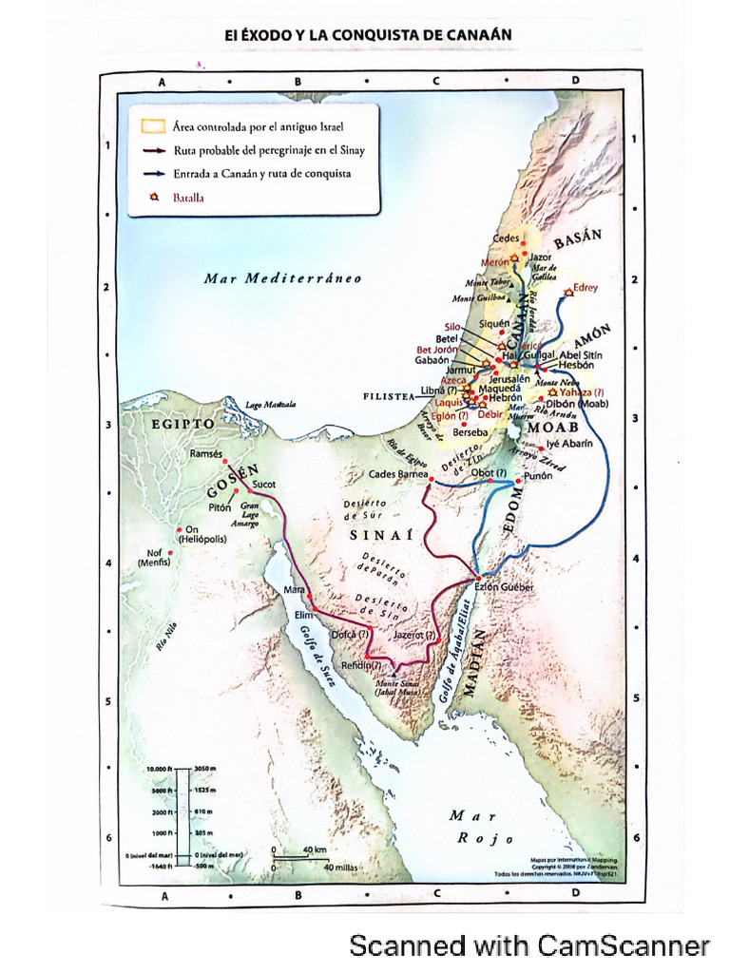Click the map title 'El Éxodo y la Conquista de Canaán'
(368, 35)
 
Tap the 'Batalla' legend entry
(188, 199)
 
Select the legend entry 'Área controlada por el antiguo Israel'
(258, 126)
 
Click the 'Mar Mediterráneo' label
(282, 278)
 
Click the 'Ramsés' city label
(205, 454)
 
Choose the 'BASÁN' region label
(578, 239)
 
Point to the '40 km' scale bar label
(315, 849)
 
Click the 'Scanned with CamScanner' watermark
(529, 945)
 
